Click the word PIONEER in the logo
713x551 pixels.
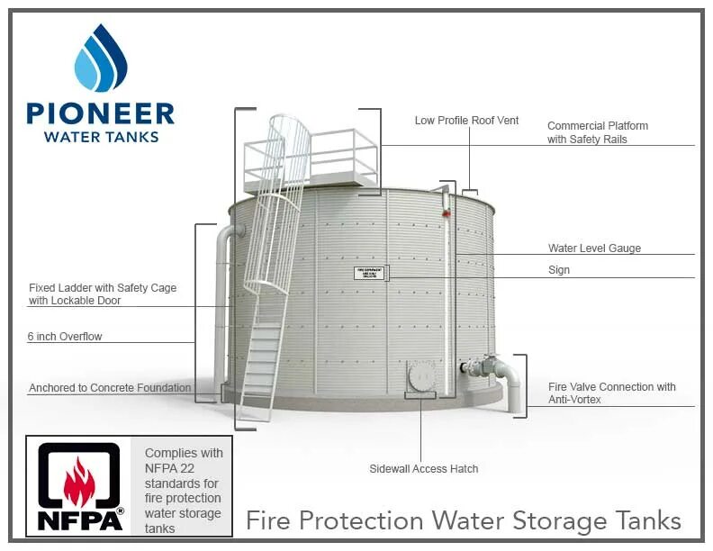(100, 113)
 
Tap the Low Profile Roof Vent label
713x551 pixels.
(466, 121)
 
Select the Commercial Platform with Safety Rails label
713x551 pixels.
(597, 132)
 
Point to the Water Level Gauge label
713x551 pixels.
(594, 248)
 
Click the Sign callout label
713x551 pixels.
(559, 270)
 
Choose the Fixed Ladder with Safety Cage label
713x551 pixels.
(103, 294)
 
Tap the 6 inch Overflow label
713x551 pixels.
(65, 337)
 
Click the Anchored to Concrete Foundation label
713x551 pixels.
(110, 389)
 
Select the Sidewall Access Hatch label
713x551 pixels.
(423, 469)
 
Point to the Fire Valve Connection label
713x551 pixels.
(611, 393)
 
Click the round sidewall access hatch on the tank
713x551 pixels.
(420, 376)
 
